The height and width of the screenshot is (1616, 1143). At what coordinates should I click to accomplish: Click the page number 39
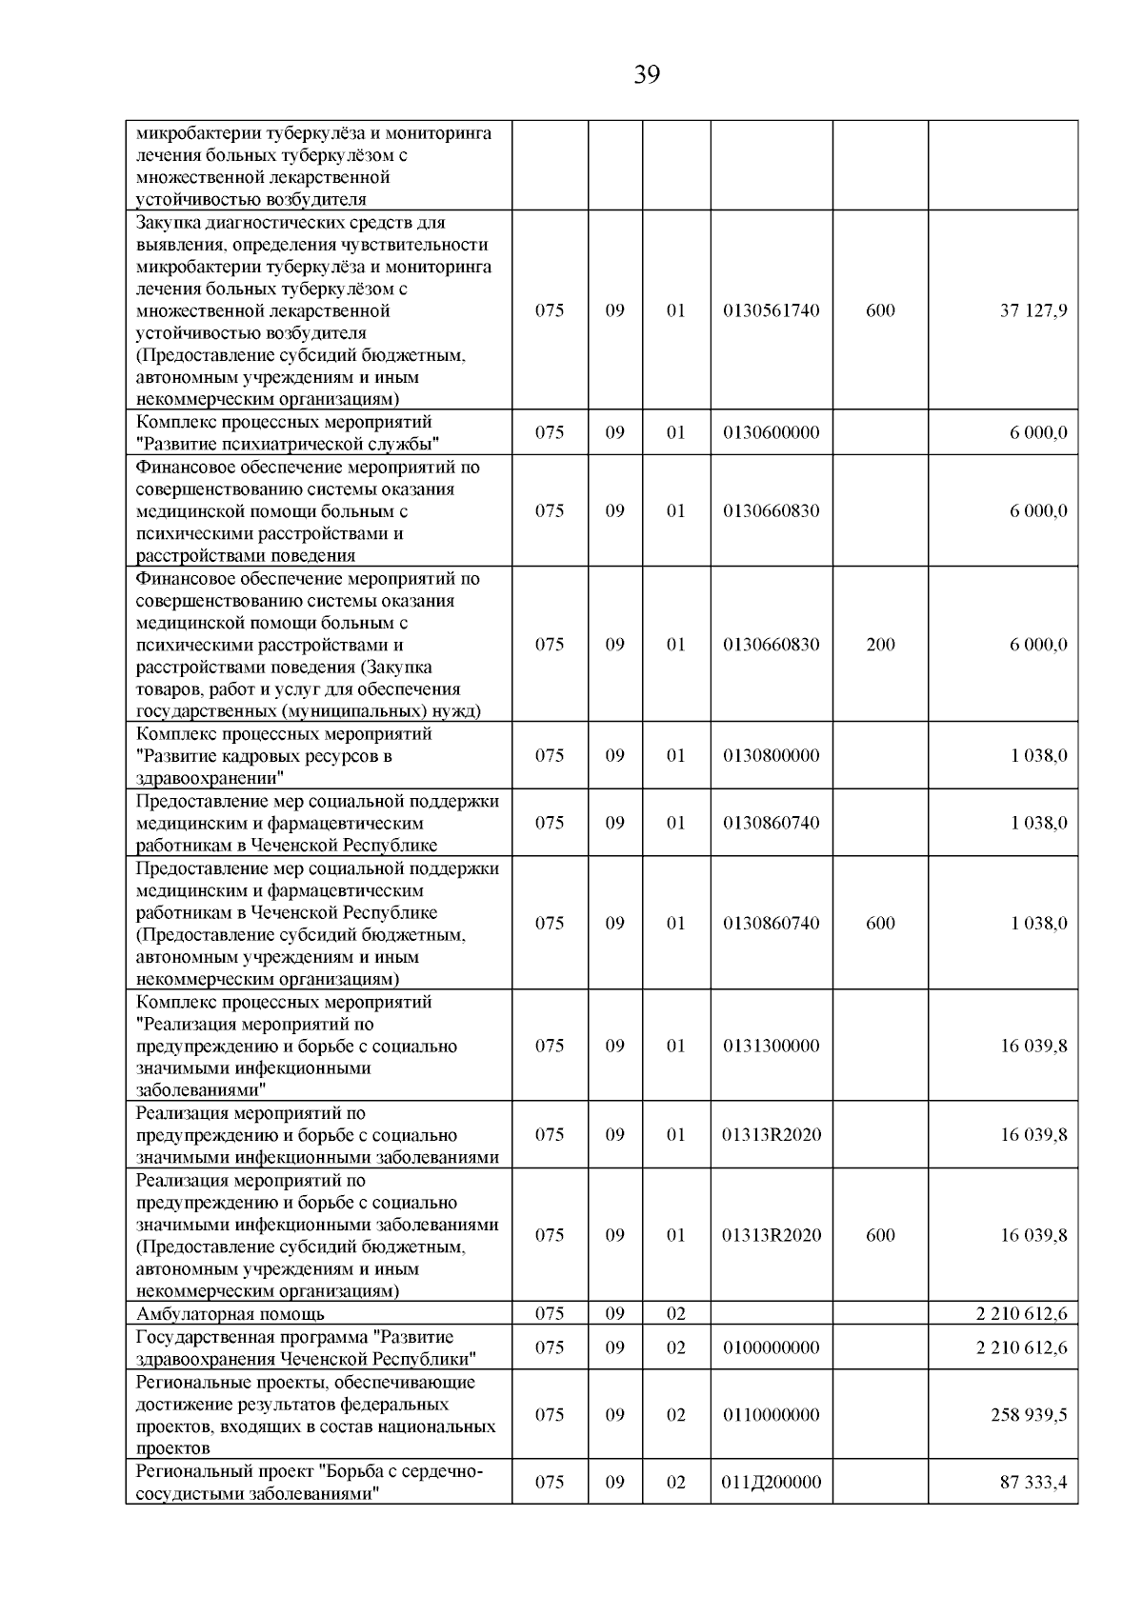tap(647, 75)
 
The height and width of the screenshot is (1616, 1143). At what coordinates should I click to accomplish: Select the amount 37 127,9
tap(1033, 310)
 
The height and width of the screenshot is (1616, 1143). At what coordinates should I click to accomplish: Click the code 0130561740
tap(771, 310)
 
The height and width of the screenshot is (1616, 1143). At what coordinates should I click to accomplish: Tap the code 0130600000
tap(771, 432)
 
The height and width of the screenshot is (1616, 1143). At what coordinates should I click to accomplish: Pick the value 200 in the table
tap(880, 645)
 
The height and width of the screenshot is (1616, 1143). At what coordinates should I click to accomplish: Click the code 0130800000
tap(771, 756)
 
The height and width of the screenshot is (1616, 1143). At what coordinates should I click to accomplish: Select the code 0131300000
tap(771, 1046)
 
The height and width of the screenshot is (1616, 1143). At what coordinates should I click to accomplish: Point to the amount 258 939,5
tap(1029, 1415)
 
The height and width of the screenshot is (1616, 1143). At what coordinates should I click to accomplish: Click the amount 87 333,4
tap(1033, 1483)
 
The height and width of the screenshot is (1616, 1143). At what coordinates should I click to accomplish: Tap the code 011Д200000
tap(772, 1483)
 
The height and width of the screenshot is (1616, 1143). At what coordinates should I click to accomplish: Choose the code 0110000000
tap(771, 1415)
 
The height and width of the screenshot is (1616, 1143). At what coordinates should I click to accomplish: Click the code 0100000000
tap(771, 1347)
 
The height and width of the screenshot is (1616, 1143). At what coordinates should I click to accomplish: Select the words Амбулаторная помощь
tap(231, 1315)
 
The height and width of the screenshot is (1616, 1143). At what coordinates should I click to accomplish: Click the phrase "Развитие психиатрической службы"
tap(289, 444)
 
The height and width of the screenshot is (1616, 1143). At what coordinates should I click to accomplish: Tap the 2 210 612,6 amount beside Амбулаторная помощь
tap(1021, 1315)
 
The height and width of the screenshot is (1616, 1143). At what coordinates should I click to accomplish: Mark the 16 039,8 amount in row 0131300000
tap(1033, 1046)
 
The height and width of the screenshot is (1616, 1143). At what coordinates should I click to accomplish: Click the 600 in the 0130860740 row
tap(880, 924)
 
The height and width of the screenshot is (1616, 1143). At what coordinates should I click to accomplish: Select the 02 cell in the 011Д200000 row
tap(675, 1483)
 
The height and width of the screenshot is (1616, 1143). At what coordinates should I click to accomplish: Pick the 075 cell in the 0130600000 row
tap(550, 432)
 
